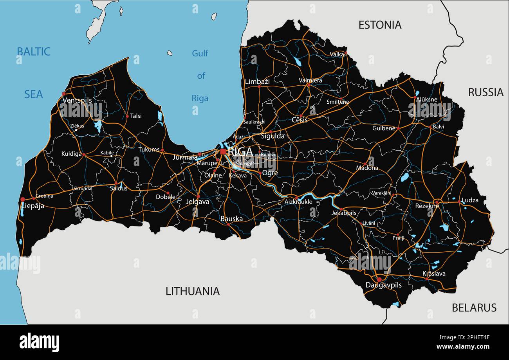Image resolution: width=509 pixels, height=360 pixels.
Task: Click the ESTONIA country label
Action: click(x=380, y=25)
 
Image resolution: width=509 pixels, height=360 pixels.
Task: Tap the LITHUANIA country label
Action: click(x=192, y=291)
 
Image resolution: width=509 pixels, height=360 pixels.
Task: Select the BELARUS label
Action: click(x=474, y=308)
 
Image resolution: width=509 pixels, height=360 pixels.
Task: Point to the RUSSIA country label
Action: click(x=486, y=92)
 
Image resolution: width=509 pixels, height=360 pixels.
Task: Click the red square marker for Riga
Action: click(x=223, y=151)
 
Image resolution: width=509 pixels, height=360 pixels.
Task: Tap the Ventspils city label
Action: click(x=77, y=100)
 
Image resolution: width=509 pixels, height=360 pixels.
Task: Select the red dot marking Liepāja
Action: click(x=22, y=199)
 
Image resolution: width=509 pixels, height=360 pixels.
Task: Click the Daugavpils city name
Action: click(x=383, y=285)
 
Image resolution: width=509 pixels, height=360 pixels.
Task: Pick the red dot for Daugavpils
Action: click(x=379, y=279)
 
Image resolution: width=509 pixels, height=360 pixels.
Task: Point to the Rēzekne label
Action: click(x=427, y=206)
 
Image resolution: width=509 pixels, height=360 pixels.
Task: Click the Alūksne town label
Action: click(x=426, y=99)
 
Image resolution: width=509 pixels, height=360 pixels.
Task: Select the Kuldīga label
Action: click(x=71, y=154)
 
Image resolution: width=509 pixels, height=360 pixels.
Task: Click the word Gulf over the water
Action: click(x=200, y=53)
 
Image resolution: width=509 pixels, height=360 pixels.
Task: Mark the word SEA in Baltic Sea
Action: click(x=34, y=94)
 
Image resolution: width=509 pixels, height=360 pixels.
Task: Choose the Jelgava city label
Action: click(x=198, y=202)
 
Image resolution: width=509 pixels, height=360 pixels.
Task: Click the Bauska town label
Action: click(x=231, y=219)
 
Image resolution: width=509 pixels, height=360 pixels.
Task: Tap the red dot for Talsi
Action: click(x=127, y=116)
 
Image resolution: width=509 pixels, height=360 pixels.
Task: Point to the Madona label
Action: click(x=367, y=168)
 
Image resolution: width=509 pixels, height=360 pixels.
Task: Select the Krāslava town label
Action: click(x=434, y=274)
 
